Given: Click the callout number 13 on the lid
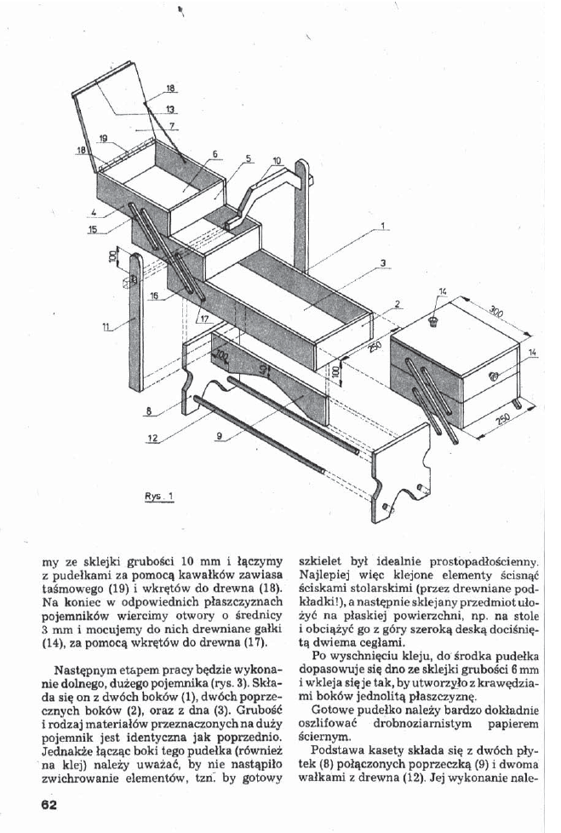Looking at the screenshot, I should click(171, 109).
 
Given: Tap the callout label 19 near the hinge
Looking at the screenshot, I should click(104, 137).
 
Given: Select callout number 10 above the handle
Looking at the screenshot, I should click(277, 160).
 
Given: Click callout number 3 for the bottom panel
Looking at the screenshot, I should click(384, 262).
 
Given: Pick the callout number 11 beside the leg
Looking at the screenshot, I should click(106, 326).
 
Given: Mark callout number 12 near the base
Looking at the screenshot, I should click(152, 438).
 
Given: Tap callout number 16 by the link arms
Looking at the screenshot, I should click(155, 296).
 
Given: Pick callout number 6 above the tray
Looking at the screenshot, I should click(215, 154).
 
